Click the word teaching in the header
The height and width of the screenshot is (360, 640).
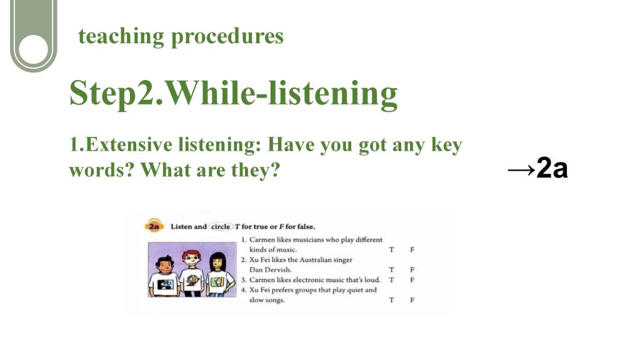click(x=121, y=36)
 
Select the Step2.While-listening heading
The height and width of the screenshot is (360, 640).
click(x=234, y=94)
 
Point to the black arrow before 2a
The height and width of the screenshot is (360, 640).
click(x=521, y=169)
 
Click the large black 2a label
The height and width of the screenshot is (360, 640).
click(x=552, y=167)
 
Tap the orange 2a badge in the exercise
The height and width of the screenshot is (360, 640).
click(x=154, y=226)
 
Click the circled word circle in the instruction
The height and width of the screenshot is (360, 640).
click(x=221, y=226)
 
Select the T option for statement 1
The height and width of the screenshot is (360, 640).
click(x=391, y=249)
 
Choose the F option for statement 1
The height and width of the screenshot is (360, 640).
click(x=412, y=249)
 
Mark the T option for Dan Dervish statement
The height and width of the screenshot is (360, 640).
click(x=391, y=269)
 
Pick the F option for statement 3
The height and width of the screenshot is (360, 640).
click(x=412, y=279)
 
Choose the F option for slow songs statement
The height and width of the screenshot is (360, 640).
click(x=412, y=299)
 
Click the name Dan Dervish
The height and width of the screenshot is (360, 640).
click(x=270, y=269)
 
